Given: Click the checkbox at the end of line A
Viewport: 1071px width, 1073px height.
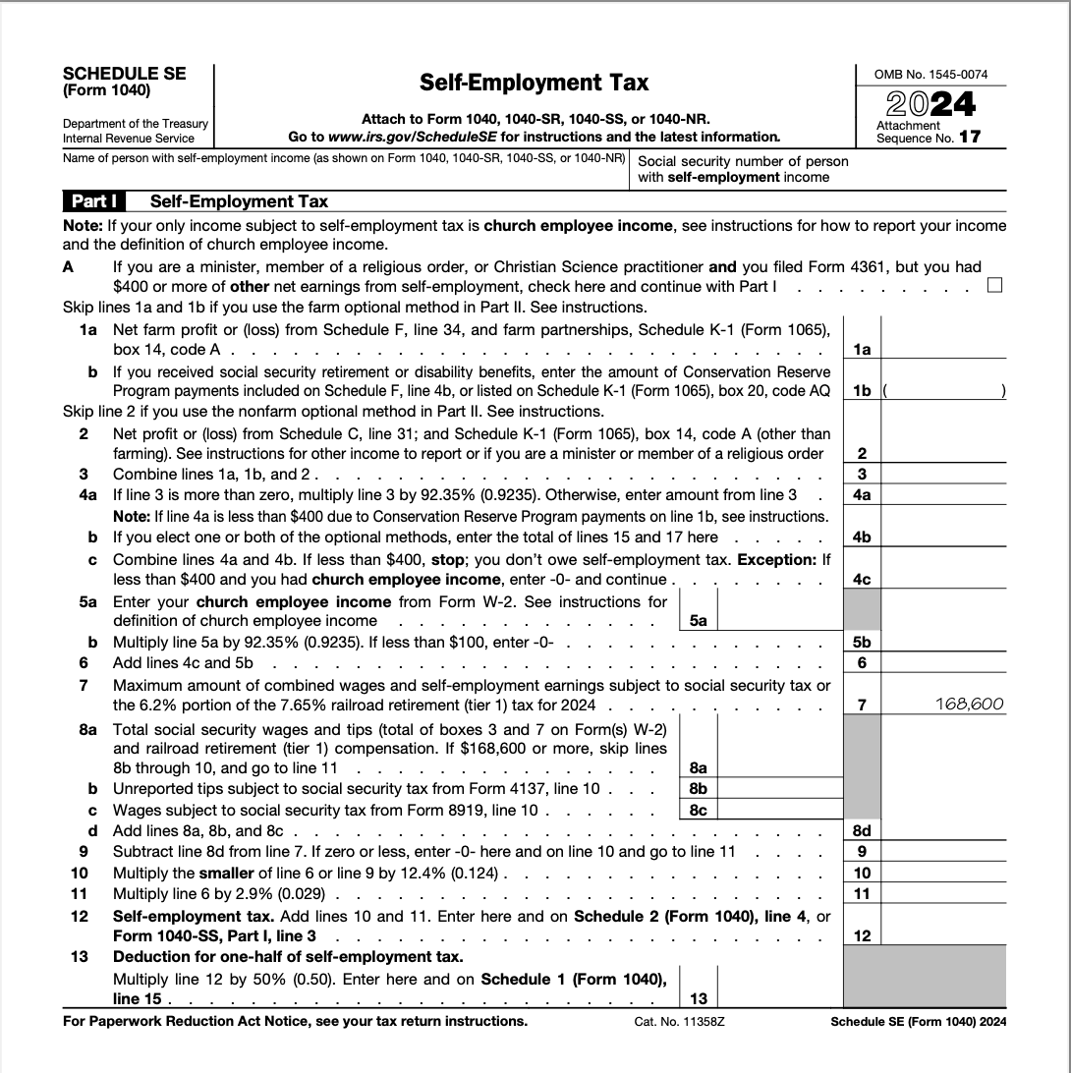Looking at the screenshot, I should pos(994,286).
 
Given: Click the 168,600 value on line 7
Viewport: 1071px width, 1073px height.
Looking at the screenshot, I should pos(970,704).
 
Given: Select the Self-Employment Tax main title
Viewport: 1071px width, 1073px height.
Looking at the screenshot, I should pos(534,83).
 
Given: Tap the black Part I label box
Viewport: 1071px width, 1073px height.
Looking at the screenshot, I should pos(95,201).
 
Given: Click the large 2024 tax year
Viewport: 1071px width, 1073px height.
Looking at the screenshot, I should pos(930,103).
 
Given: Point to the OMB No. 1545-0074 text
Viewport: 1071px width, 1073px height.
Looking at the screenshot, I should pos(930,74).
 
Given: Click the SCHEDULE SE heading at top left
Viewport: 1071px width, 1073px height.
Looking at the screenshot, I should pos(124,74).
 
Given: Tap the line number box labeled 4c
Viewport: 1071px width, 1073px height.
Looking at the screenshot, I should pos(862,579).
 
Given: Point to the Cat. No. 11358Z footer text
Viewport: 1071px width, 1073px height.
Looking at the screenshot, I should pos(679,1022).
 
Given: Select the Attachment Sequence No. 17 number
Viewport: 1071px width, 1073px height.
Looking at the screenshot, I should pos(969,138).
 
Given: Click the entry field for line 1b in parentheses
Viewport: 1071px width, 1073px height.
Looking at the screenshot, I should pos(944,390).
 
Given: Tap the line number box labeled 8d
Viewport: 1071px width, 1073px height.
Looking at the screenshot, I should pos(862,830).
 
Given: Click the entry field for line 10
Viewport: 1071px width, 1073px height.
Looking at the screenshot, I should pos(944,873).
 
